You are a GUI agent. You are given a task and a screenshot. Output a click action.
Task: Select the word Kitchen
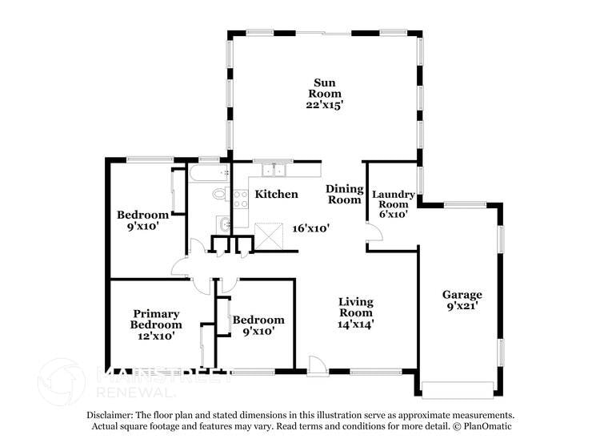click(x=276, y=195)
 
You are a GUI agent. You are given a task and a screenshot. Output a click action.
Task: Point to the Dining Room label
click(x=344, y=195)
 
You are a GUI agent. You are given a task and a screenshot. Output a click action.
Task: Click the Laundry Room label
click(x=393, y=199)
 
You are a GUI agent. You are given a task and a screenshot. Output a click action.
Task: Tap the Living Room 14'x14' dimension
click(x=355, y=324)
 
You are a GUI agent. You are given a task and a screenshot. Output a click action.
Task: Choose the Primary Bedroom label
click(x=156, y=319)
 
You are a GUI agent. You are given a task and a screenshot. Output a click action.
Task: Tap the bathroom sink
click(x=225, y=224)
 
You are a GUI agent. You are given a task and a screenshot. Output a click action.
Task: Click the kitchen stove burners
click(x=239, y=199)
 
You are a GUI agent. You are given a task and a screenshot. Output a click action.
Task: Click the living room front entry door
click(x=316, y=365)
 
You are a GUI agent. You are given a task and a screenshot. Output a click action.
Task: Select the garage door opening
click(x=458, y=390)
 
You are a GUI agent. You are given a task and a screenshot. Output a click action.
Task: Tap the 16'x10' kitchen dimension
click(x=311, y=228)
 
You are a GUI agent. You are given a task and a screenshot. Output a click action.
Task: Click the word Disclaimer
click(x=113, y=416)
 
